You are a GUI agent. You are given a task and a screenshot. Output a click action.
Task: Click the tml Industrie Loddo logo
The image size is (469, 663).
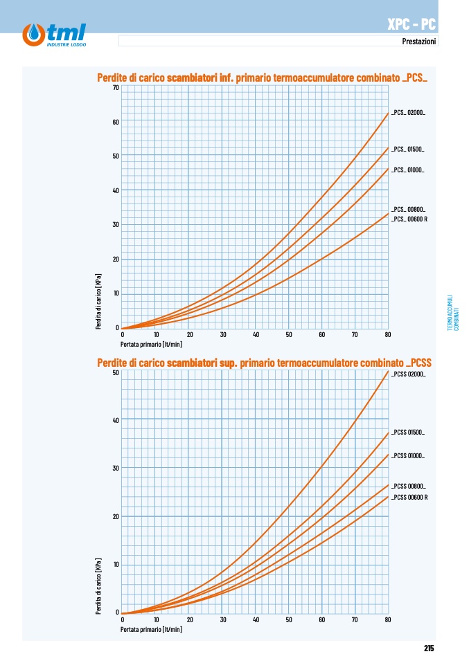(x=54, y=35)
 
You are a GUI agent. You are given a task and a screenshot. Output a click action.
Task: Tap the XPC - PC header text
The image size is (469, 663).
(x=412, y=24)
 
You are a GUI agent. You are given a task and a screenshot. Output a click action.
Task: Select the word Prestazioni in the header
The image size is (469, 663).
(x=418, y=41)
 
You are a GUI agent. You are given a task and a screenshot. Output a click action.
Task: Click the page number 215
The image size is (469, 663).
(x=429, y=648)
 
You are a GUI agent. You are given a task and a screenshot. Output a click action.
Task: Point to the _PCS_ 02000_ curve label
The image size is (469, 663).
(x=408, y=113)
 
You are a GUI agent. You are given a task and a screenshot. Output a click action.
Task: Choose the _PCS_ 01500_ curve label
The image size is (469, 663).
(x=407, y=149)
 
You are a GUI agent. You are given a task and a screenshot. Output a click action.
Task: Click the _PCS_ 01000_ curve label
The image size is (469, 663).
(x=407, y=170)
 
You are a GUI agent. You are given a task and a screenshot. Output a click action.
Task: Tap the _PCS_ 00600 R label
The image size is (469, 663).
(x=409, y=219)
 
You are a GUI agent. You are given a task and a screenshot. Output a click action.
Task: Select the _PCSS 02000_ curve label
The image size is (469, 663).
(x=409, y=374)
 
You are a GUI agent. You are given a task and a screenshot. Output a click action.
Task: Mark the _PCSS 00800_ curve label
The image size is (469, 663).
(x=409, y=487)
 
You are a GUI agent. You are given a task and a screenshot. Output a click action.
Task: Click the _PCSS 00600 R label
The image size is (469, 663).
(x=409, y=497)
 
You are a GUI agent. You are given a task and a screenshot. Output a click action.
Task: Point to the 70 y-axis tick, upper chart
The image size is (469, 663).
(x=116, y=87)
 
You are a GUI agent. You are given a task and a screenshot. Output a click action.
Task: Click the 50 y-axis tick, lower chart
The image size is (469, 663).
(x=116, y=372)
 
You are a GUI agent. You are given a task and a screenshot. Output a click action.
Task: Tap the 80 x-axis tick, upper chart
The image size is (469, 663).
(x=388, y=334)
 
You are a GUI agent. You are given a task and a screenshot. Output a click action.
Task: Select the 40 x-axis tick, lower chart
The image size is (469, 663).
(x=256, y=619)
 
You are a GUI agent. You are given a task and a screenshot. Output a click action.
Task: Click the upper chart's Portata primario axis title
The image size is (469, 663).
(x=151, y=344)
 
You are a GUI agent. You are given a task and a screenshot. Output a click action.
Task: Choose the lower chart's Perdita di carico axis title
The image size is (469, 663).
(x=98, y=586)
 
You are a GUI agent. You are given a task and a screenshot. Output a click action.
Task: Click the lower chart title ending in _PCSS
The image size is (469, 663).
(x=264, y=363)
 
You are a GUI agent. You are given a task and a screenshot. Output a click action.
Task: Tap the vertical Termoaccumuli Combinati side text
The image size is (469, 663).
(x=453, y=313)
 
